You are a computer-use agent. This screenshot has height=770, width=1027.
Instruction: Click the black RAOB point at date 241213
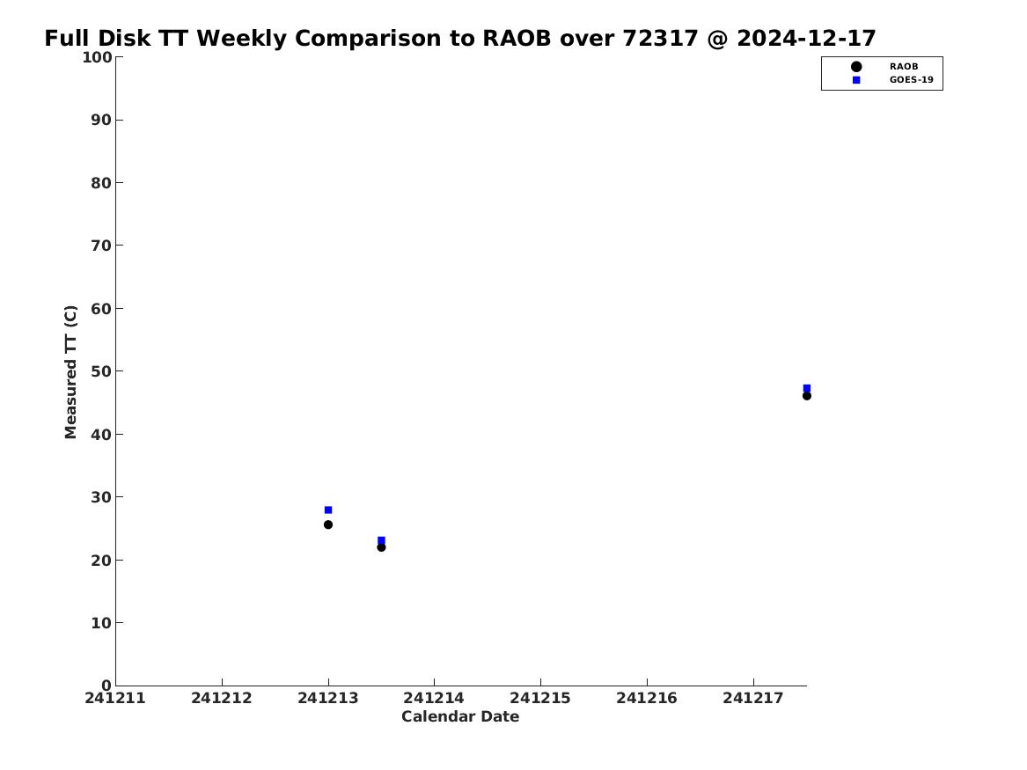(x=328, y=524)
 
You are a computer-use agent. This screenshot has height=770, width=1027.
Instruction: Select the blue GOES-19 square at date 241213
(x=328, y=510)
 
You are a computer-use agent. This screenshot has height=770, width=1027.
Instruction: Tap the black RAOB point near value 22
(x=381, y=547)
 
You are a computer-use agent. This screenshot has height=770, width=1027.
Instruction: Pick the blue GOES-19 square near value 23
(x=381, y=540)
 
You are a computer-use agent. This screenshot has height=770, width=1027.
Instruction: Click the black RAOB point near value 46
(x=807, y=395)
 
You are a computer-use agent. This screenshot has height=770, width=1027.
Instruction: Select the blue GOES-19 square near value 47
(x=807, y=388)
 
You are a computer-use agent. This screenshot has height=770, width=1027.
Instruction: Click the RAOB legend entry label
(x=904, y=66)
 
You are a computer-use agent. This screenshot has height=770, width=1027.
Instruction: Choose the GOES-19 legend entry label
(x=912, y=80)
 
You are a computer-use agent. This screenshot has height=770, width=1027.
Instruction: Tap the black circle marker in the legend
(x=856, y=66)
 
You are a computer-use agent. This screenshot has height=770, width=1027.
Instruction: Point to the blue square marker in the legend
(x=856, y=80)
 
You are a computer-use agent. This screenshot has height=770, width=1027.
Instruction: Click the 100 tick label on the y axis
(x=97, y=57)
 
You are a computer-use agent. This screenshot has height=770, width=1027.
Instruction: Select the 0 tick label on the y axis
(x=106, y=686)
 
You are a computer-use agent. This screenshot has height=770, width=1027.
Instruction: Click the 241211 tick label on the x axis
(x=115, y=699)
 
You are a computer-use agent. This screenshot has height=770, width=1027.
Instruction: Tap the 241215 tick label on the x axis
(x=540, y=699)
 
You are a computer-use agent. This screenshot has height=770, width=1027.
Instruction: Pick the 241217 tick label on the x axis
(x=753, y=699)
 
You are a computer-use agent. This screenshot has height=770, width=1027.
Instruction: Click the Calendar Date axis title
(x=460, y=717)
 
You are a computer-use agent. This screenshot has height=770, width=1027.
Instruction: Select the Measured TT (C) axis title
(x=70, y=371)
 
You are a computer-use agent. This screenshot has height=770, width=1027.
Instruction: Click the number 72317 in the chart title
(x=660, y=39)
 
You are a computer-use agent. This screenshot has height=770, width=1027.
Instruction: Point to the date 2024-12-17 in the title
(x=806, y=39)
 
